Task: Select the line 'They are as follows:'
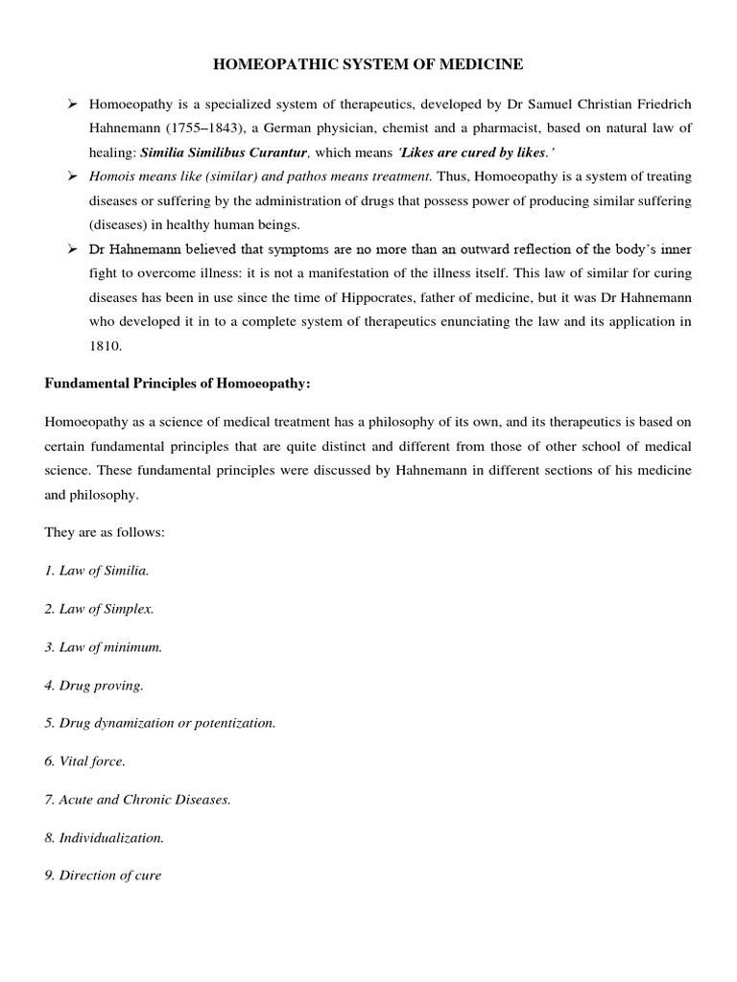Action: (105, 532)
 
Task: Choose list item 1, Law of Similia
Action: (97, 571)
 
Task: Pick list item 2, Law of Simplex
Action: (99, 609)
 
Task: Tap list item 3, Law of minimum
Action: (104, 646)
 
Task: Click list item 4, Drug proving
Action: (94, 685)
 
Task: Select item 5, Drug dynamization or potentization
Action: (160, 723)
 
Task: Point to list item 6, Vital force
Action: (85, 760)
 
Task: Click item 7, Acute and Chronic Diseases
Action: (138, 799)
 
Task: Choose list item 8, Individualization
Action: (105, 837)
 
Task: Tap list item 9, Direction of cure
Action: (104, 875)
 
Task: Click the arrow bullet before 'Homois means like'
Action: (71, 176)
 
